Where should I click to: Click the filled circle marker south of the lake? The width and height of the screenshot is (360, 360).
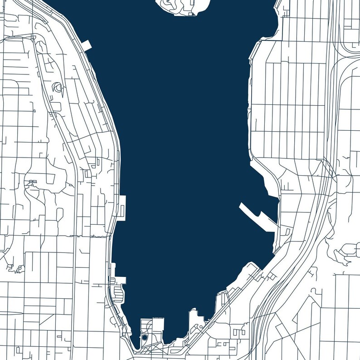pyautogui.click(x=144, y=337)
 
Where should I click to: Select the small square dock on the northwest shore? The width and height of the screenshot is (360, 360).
pyautogui.click(x=87, y=44)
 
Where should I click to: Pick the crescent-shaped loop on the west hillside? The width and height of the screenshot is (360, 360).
pyautogui.click(x=58, y=87)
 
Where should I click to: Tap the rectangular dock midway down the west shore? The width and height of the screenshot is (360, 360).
pyautogui.click(x=122, y=208)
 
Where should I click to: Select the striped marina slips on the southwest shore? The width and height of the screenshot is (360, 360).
pyautogui.click(x=119, y=293)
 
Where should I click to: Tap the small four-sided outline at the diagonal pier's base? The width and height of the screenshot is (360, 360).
pyautogui.click(x=287, y=231)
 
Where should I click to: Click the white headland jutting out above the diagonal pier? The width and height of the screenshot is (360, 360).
pyautogui.click(x=265, y=182)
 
